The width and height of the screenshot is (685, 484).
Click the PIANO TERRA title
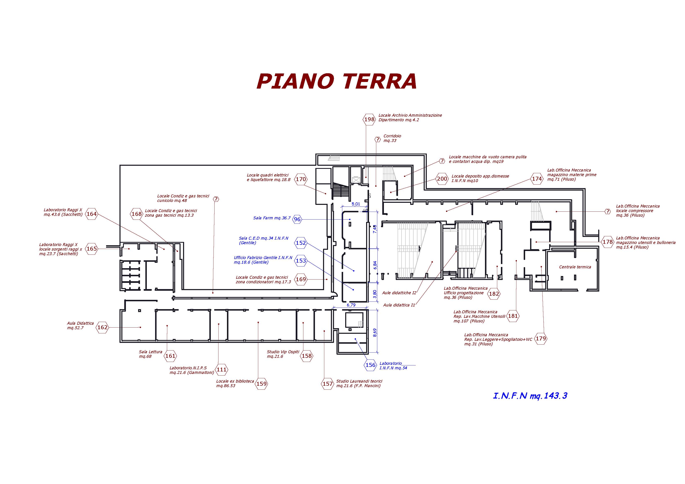click(336, 81)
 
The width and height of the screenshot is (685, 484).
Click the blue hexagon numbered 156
click(370, 365)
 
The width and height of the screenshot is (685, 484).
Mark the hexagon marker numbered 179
click(541, 339)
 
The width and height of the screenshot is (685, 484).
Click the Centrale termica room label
click(575, 267)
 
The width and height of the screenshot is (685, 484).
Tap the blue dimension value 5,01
click(356, 204)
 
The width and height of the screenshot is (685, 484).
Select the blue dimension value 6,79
click(351, 305)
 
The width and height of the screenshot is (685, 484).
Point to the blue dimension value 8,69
click(375, 333)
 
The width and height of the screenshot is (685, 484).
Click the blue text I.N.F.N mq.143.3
click(530, 396)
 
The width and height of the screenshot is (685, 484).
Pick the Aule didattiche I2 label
click(399, 293)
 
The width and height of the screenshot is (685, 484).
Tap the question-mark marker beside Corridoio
click(378, 139)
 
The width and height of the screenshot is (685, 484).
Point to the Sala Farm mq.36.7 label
click(272, 218)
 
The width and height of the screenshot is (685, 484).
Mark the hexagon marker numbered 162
click(102, 327)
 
